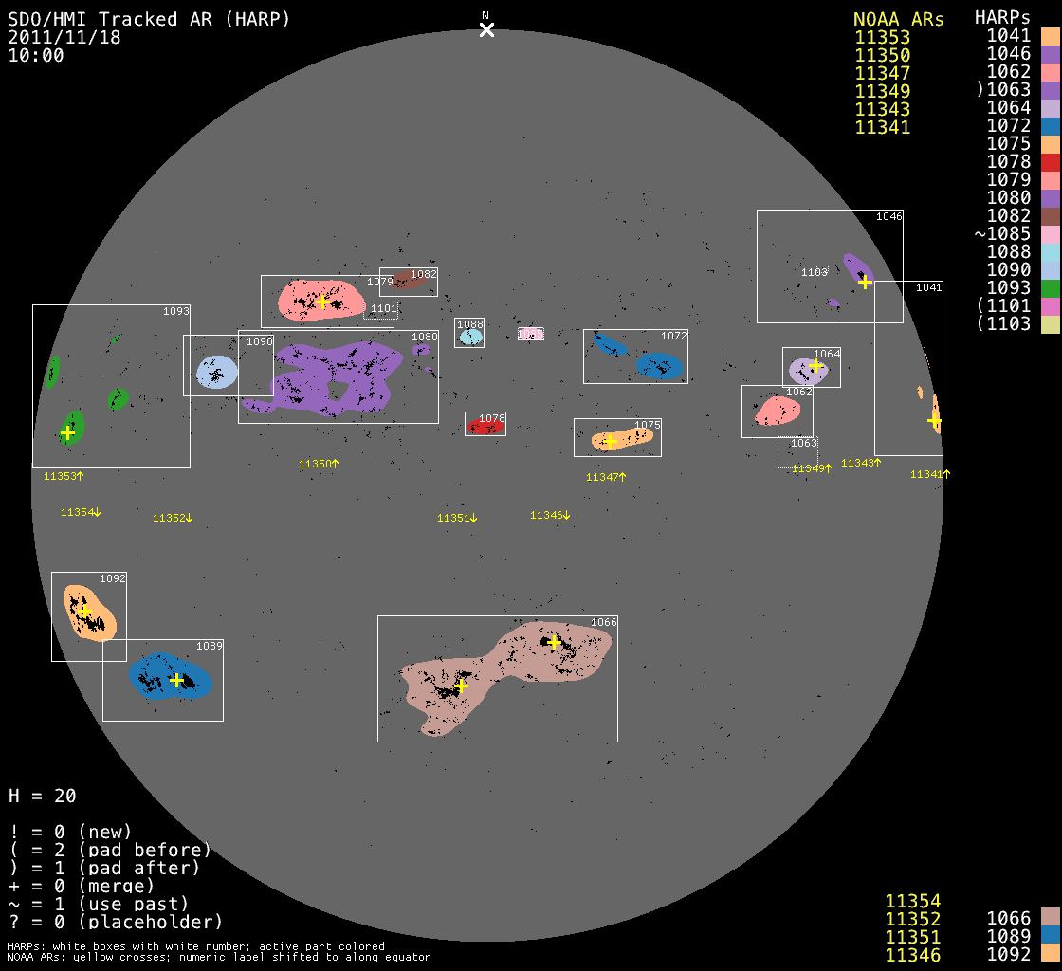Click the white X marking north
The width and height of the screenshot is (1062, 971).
coord(486,30)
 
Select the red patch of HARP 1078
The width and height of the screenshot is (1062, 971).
coord(485,428)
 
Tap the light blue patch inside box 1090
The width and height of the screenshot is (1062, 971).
coord(216,371)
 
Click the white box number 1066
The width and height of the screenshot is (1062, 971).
coord(604,622)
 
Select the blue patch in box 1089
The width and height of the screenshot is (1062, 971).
coord(171,676)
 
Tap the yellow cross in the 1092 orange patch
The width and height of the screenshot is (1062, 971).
coord(83,612)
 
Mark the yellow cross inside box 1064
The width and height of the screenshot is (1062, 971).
coord(815,365)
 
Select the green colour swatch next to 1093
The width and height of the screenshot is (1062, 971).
coord(1050,288)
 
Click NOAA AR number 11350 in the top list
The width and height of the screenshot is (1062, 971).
coord(882,55)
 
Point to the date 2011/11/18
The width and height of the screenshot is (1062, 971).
coord(64,37)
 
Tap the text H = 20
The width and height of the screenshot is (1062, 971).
coord(43,796)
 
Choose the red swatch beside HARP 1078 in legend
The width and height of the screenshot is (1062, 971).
coord(1050,162)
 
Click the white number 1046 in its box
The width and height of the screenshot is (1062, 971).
coord(888,216)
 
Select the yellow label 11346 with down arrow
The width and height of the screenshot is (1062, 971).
coord(550,515)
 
